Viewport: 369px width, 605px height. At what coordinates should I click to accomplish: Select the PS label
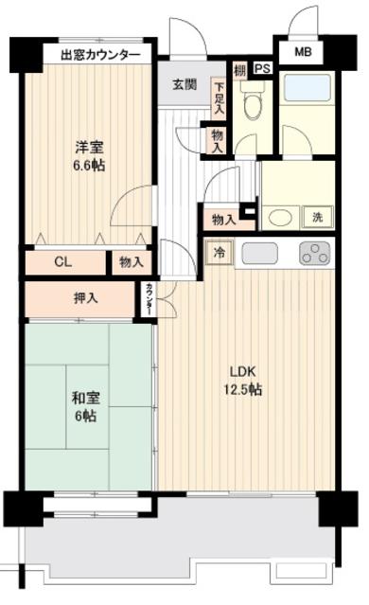[262, 69]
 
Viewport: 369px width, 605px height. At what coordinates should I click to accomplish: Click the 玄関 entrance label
[184, 84]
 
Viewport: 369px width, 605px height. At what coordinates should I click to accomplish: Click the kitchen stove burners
[313, 253]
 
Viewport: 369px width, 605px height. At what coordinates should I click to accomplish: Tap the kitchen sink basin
[259, 253]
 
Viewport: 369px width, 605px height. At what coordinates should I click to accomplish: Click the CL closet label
[61, 262]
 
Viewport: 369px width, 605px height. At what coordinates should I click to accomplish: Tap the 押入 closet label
[59, 298]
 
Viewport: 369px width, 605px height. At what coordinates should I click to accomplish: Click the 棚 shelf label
[240, 69]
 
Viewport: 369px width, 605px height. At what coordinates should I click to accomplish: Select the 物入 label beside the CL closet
[130, 262]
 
